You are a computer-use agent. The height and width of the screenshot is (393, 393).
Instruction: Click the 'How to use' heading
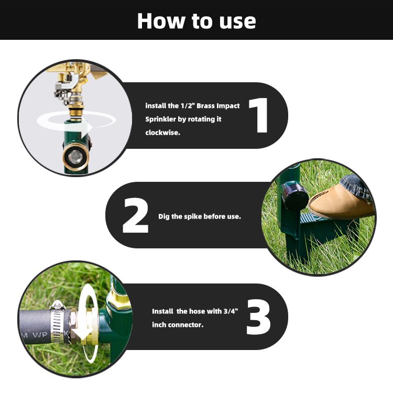point(196,21)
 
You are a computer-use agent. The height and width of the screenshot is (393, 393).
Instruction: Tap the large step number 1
point(259,115)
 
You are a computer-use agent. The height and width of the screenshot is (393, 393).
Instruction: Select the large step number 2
point(136,215)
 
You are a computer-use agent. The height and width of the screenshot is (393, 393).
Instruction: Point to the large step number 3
point(259,317)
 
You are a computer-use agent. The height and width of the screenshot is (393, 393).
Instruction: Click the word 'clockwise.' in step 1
point(162,133)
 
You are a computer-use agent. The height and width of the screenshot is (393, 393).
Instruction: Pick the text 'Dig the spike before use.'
point(200,216)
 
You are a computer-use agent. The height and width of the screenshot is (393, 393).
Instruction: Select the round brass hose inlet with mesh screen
point(75,157)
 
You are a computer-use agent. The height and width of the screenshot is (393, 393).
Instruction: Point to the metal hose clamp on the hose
point(59,322)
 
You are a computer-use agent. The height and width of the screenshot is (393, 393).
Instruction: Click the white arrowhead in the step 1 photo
point(86,127)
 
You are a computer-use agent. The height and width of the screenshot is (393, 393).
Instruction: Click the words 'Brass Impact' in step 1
point(218,106)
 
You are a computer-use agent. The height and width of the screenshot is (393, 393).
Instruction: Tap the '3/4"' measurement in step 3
point(231,311)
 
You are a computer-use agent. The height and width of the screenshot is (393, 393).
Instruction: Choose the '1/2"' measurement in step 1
point(188,106)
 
